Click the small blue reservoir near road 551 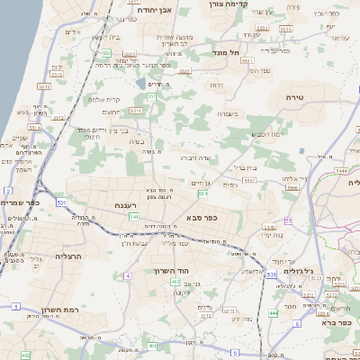tap(139, 83)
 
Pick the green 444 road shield tap(273, 313)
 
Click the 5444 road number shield tap(341, 169)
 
